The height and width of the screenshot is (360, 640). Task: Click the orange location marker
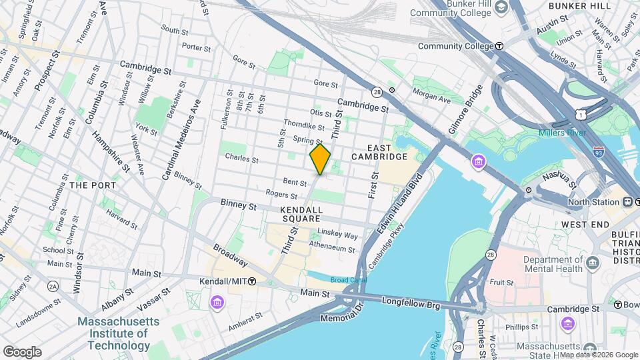pyautogui.click(x=320, y=159)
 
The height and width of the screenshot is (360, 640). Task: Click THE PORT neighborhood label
pyautogui.click(x=93, y=185)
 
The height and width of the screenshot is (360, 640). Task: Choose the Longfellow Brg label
pyautogui.click(x=411, y=302)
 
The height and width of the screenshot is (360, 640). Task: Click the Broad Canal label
pyautogui.click(x=349, y=280)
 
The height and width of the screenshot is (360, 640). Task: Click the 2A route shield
pyautogui.click(x=53, y=286)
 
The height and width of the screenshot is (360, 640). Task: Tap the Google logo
pyautogui.click(x=22, y=351)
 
